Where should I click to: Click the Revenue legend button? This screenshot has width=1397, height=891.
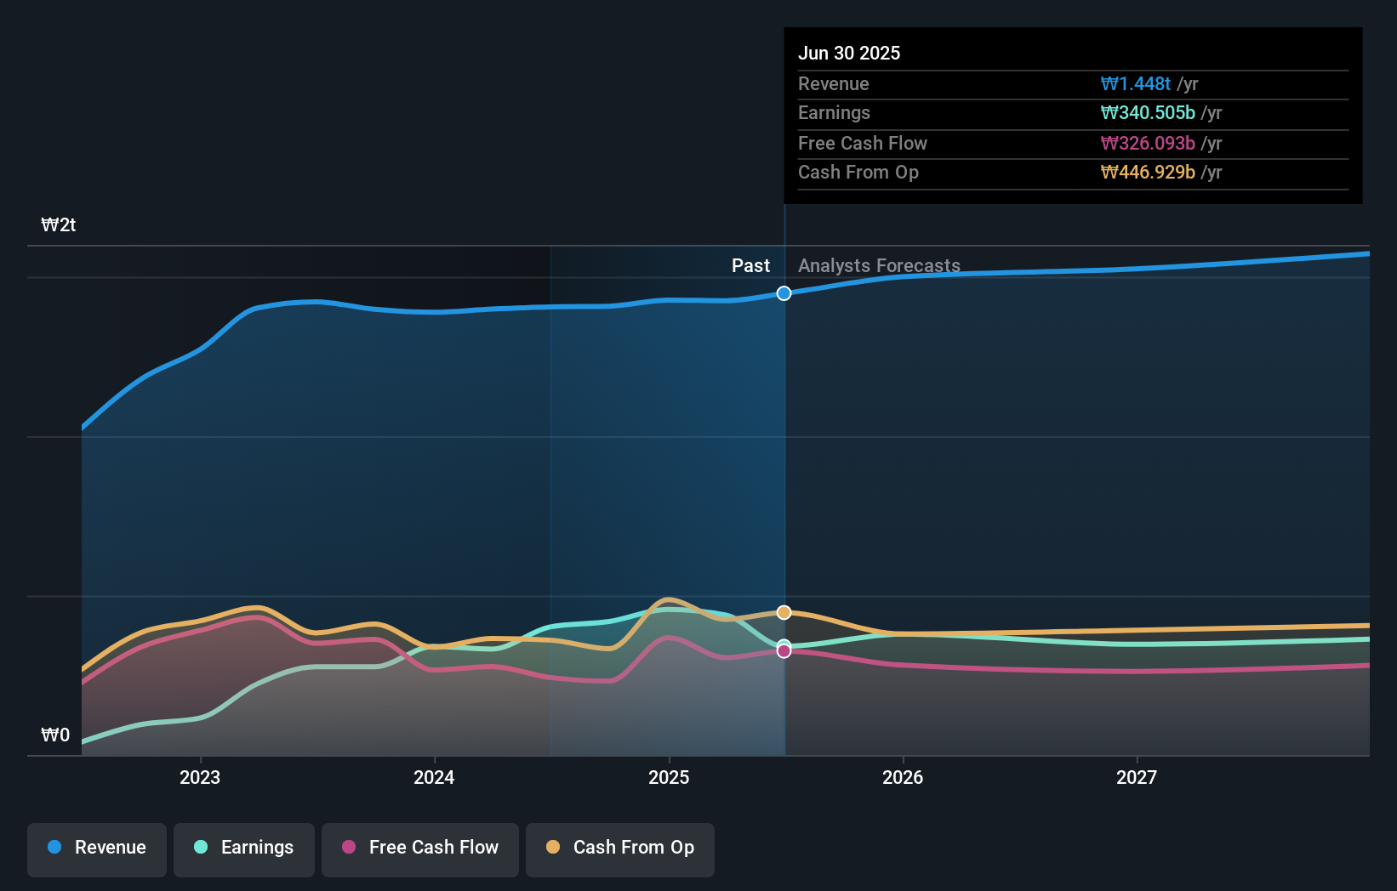(97, 848)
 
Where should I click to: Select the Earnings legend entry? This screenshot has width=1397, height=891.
(244, 848)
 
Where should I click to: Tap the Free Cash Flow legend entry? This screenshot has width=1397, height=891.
(420, 848)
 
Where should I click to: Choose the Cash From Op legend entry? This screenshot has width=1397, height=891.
(620, 848)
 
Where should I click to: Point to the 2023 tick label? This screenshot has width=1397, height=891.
(200, 777)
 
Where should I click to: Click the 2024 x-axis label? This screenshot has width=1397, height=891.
(434, 777)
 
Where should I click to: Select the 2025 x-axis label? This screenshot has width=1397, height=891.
(669, 777)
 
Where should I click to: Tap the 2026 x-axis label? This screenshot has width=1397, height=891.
(903, 777)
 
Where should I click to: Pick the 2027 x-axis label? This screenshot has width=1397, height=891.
(1137, 777)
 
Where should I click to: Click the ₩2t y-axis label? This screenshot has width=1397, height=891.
(59, 225)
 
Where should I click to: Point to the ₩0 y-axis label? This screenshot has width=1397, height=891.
(55, 735)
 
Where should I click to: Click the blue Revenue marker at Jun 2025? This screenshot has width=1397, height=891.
(784, 293)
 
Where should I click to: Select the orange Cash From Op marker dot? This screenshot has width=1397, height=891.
(784, 613)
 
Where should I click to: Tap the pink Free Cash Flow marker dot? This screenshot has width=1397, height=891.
(784, 651)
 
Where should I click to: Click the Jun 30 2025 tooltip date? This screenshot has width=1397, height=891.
(849, 53)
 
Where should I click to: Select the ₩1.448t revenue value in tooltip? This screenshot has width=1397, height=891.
(1136, 84)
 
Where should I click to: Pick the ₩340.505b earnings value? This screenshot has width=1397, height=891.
(1148, 113)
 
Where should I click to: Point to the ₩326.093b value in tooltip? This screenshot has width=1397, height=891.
(1148, 144)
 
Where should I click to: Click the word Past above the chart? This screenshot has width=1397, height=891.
(750, 266)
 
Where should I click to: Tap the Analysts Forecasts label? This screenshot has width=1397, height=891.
(879, 266)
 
